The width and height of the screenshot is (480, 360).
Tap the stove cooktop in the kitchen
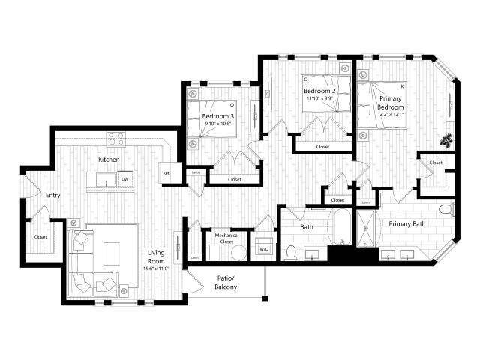(x=115, y=139)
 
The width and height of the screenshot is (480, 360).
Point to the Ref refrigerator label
(x=166, y=173)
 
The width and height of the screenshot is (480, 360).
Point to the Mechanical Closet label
(x=226, y=238)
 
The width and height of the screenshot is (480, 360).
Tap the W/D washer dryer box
(x=264, y=249)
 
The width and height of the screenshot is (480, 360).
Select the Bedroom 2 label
(x=319, y=91)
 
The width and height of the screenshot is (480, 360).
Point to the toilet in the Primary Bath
(x=447, y=210)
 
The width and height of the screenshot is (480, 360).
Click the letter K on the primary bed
(x=402, y=86)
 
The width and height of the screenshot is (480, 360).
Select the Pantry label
(x=195, y=172)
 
